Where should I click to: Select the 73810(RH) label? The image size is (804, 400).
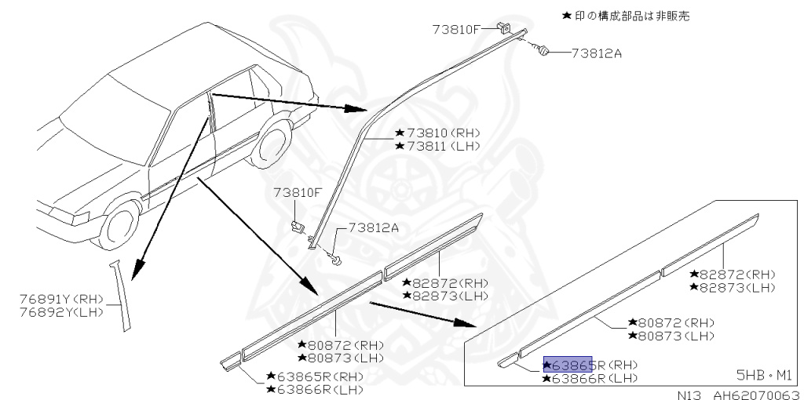437,133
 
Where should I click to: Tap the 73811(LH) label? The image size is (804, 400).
437,147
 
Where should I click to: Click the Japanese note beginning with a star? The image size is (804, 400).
626,16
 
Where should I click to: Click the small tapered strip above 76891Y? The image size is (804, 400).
119,294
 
